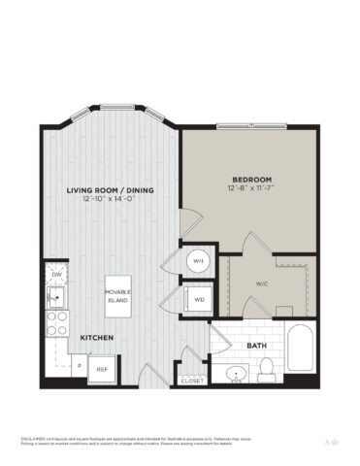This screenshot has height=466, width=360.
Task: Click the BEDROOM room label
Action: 250,178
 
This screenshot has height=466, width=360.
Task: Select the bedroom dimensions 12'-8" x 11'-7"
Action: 250,187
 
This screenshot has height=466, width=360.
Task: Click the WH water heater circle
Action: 198,261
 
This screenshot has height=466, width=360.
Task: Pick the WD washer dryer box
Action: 199,300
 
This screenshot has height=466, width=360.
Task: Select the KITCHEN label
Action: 98,337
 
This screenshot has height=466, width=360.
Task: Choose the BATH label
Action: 256,345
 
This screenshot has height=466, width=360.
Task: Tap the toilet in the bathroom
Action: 267,371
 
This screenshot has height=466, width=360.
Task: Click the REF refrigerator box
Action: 101,368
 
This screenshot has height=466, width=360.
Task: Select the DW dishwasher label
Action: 56,276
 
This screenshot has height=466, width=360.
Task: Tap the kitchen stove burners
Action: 55,321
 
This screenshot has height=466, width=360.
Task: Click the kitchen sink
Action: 55,294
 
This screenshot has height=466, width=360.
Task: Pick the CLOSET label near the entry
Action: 192,381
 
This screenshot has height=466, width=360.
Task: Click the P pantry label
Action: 80,366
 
